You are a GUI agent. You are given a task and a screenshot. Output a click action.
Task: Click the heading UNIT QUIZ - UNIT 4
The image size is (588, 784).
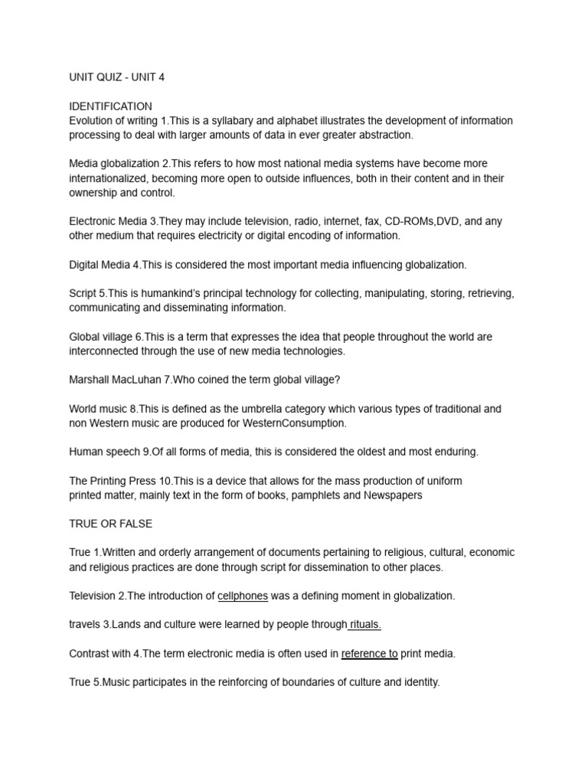point(116,78)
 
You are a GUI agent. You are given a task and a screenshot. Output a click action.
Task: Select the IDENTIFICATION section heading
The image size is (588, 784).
point(110,106)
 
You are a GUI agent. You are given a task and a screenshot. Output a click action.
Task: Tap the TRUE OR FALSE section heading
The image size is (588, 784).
point(110,524)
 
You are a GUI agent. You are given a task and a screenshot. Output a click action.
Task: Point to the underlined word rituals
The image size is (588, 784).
point(365,625)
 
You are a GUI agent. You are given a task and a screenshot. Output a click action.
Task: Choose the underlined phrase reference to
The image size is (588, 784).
point(369,653)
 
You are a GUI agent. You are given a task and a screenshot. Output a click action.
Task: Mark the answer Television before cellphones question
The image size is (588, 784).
point(94,596)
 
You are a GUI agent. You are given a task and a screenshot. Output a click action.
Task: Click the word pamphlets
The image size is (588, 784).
point(311,495)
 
